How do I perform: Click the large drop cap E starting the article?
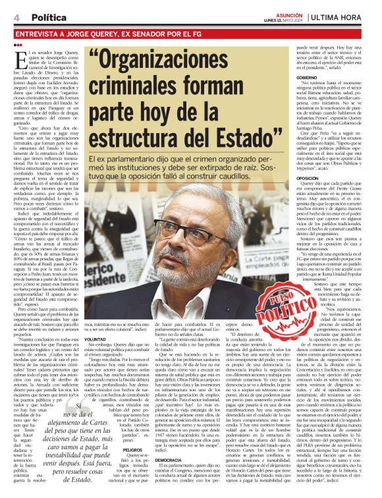[18, 59]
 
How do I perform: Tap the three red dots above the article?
[16, 45]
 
